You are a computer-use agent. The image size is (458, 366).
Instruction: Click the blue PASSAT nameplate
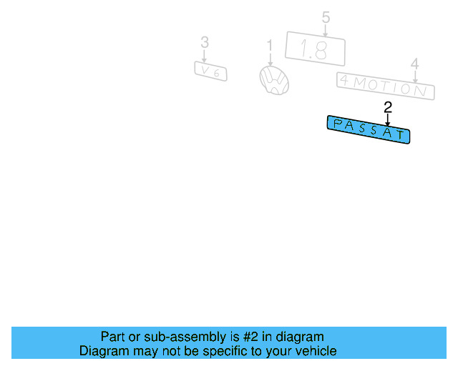click(369, 129)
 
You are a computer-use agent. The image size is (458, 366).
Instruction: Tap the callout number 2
click(388, 108)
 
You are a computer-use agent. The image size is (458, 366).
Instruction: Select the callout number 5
click(326, 17)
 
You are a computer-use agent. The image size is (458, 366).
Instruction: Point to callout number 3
click(205, 42)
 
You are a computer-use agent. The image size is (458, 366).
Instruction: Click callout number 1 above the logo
click(270, 46)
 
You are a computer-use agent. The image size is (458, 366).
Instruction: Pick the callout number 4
click(415, 64)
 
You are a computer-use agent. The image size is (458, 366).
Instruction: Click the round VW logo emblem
click(274, 80)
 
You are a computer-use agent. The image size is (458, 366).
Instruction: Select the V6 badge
click(210, 71)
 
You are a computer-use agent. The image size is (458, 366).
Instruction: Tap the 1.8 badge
click(315, 49)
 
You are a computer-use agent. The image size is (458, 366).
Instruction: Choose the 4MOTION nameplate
click(386, 86)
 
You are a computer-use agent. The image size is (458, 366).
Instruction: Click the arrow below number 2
click(388, 120)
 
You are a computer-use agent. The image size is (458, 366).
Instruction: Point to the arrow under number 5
click(326, 30)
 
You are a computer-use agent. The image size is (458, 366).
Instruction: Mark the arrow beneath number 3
click(204, 56)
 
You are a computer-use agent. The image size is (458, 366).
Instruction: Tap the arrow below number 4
click(415, 76)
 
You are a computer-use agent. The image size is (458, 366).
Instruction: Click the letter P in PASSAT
click(337, 124)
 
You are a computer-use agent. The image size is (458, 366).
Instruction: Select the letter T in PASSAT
click(401, 134)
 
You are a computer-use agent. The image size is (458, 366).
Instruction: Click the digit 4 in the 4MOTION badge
click(345, 80)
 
